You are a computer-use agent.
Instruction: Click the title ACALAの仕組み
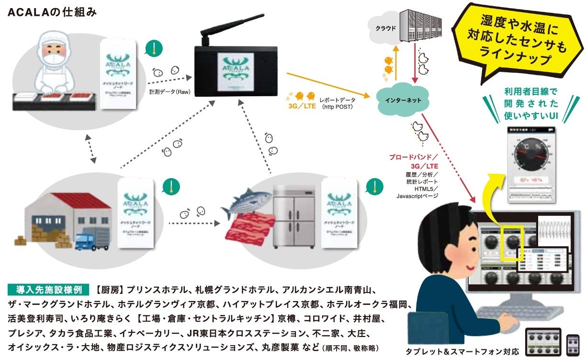coord(53,12)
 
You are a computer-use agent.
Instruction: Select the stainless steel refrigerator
coord(293,215)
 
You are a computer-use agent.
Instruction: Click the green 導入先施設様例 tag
coord(48,290)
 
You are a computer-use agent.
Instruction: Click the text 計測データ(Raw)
coord(170,92)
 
